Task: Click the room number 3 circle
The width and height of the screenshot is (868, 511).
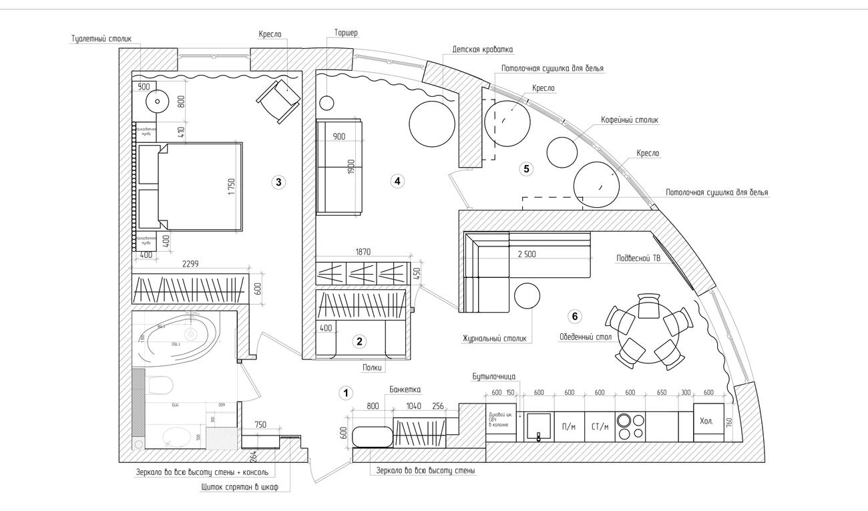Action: coord(279,181)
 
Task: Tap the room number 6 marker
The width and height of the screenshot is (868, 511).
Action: coord(576,316)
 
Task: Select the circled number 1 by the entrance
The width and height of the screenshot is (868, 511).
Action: coord(346,393)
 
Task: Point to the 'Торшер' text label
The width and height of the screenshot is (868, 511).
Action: coord(347,33)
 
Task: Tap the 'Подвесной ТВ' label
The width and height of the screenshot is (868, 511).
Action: coord(637,259)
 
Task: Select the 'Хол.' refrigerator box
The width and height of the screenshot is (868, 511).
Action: coord(707,422)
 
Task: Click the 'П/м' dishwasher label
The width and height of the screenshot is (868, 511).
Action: coord(570,426)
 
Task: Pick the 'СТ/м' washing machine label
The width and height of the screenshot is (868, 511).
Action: coord(600,426)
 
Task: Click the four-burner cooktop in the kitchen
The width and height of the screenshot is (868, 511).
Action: coord(630,426)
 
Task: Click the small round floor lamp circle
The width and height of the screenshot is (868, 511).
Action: coord(327,103)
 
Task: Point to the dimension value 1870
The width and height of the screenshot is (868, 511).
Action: coord(363,252)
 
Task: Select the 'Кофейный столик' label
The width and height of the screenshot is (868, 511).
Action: coord(630,120)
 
